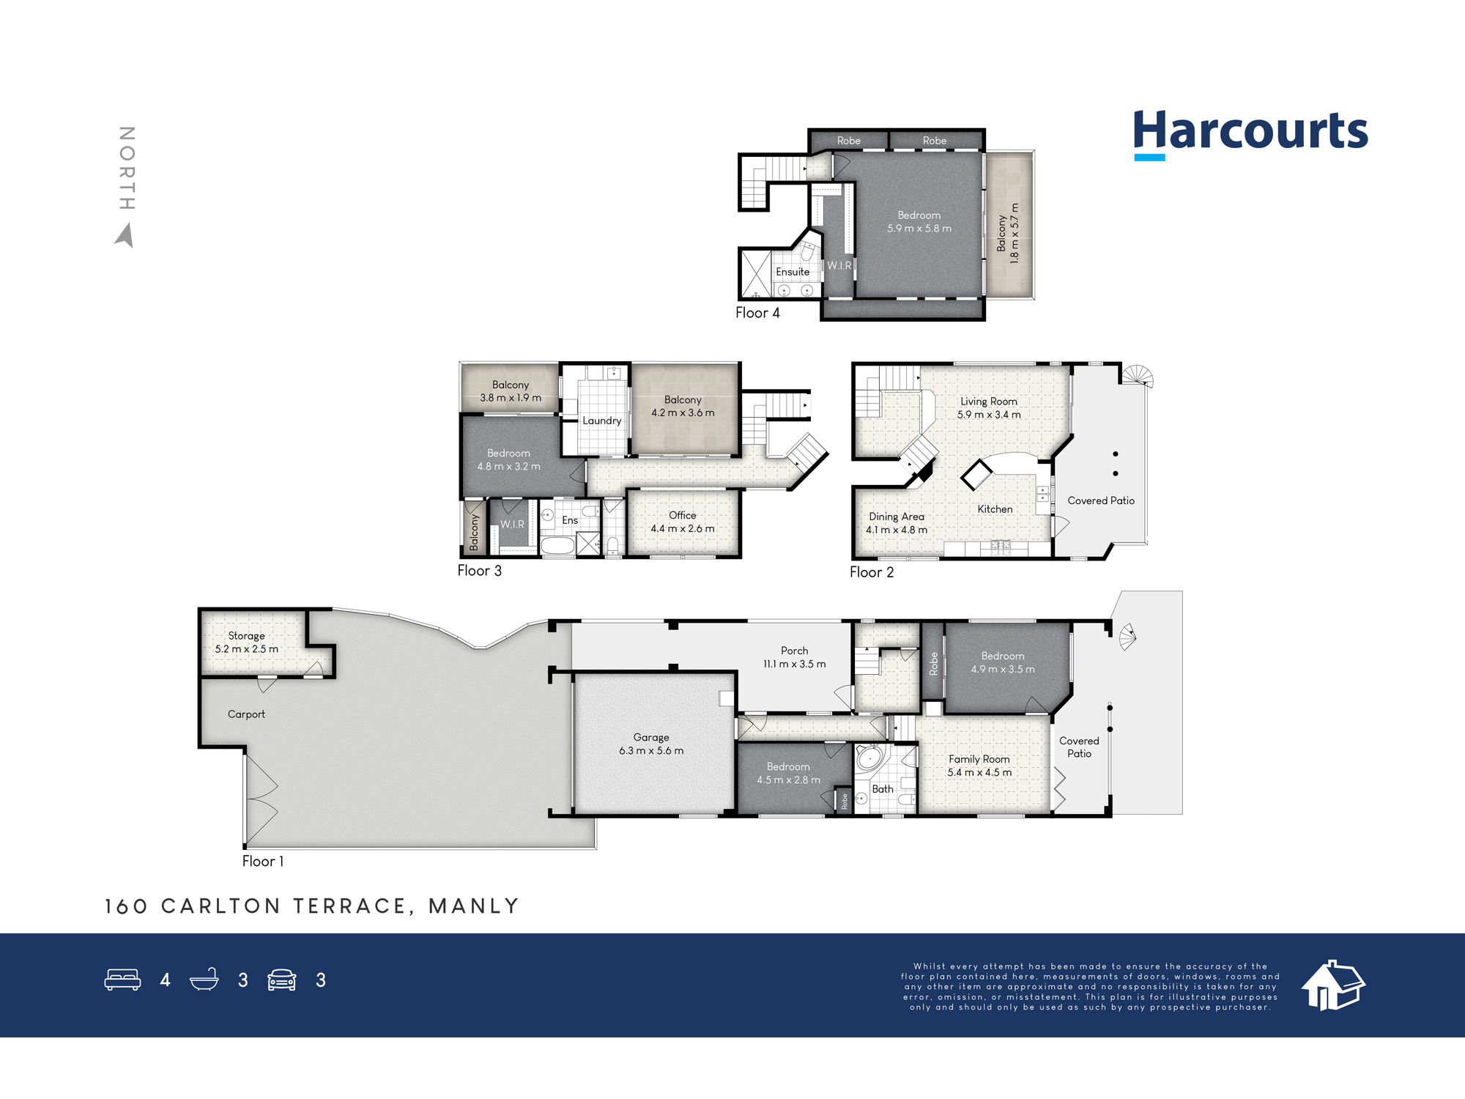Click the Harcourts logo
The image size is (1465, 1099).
tap(1250, 134)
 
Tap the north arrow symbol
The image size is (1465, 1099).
tap(125, 235)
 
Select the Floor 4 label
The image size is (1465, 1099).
tap(757, 313)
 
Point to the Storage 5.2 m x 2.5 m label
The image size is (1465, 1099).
tap(247, 643)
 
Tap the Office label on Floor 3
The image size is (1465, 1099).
tap(683, 515)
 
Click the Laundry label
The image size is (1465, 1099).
tap(602, 421)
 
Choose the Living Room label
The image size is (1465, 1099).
tap(989, 402)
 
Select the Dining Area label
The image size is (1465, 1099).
tap(897, 517)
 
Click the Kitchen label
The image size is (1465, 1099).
tap(995, 509)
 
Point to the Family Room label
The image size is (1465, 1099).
tap(979, 759)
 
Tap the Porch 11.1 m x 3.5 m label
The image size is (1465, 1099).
tap(795, 657)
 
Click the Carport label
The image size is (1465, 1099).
tap(246, 714)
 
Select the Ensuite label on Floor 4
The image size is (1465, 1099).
tap(793, 272)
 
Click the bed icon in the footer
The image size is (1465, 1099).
tap(123, 980)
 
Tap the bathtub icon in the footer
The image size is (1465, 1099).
tap(204, 980)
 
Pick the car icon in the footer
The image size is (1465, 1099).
tap(282, 980)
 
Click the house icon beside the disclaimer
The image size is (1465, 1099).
tap(1333, 985)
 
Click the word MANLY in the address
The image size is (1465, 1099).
tap(474, 906)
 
